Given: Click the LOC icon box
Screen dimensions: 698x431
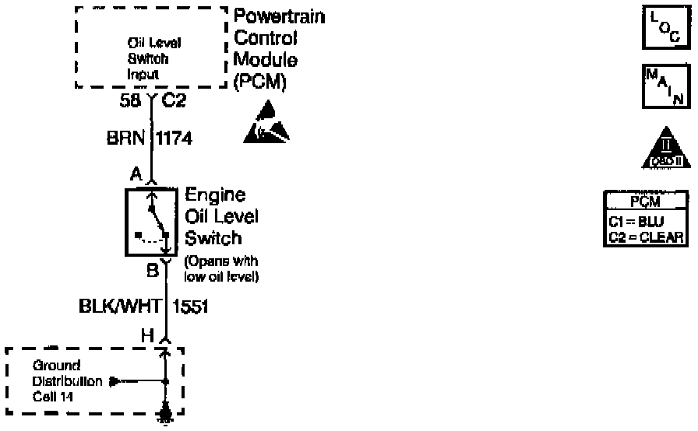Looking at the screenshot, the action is (663, 29).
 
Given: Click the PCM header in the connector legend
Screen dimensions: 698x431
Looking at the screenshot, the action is (646, 202).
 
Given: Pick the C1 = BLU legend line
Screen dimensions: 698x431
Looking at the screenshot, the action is (636, 220).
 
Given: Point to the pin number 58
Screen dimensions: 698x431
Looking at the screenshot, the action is (131, 100).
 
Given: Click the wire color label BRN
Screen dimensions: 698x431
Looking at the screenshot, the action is (123, 138).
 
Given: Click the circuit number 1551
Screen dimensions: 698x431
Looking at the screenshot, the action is (189, 307).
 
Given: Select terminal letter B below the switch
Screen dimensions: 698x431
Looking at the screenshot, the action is (153, 271).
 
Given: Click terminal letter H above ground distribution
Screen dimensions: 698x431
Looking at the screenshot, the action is (147, 335).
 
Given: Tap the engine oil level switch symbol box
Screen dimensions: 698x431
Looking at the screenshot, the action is (152, 223).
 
